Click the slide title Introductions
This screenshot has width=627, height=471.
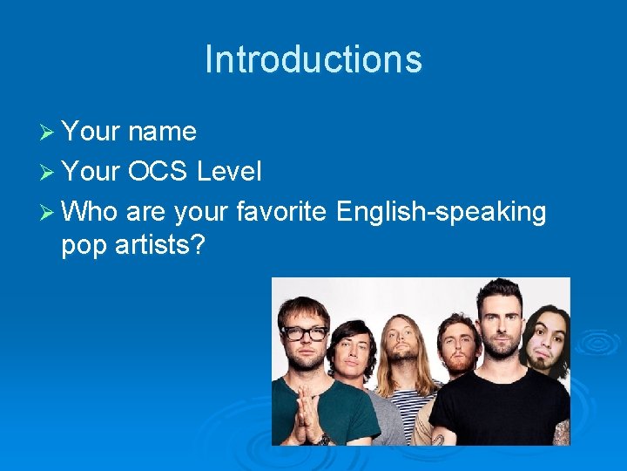pyautogui.click(x=313, y=59)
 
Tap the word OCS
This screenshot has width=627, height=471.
pyautogui.click(x=158, y=172)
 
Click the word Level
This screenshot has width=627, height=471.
pyautogui.click(x=229, y=172)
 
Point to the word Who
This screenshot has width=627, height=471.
pyautogui.click(x=91, y=212)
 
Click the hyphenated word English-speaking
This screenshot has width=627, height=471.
pyautogui.click(x=441, y=212)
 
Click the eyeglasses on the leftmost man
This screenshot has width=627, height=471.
pyautogui.click(x=303, y=333)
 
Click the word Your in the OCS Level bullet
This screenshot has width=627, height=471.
pyautogui.click(x=91, y=172)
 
